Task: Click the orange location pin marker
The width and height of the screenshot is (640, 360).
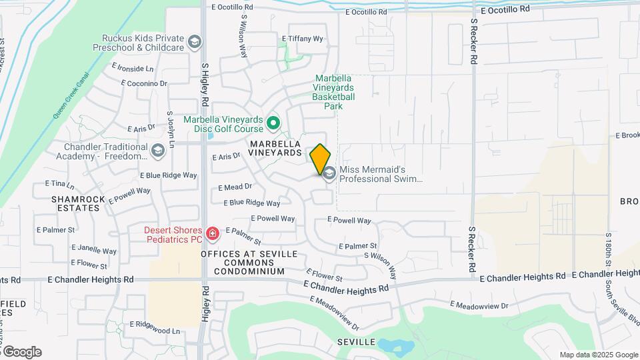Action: point(321,159)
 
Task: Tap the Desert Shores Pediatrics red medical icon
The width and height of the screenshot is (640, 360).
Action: point(212,233)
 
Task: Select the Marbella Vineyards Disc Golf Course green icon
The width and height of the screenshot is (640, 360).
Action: point(273,123)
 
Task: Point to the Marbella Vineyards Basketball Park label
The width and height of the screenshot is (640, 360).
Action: point(333,92)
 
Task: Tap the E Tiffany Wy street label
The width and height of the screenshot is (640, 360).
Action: point(302,39)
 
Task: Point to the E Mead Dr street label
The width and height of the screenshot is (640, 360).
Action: point(235,187)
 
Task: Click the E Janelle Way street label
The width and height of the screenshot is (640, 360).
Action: point(95,251)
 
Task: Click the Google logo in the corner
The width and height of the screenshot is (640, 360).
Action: point(21,351)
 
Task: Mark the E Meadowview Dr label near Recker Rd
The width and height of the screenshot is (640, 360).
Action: point(479,305)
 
